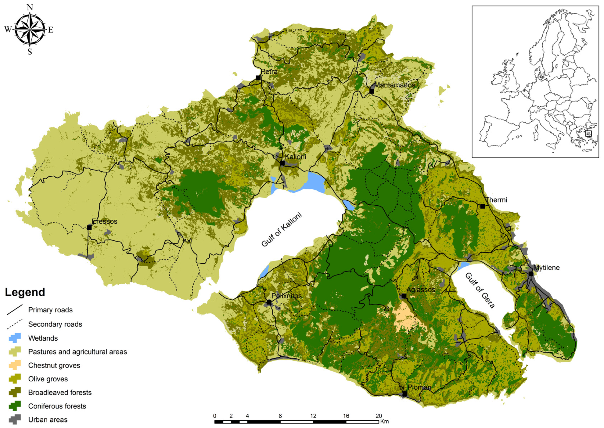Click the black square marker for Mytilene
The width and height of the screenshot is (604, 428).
coord(531,274)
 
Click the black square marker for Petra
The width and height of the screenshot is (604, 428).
coord(258,78)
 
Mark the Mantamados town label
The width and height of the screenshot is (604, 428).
coord(394,85)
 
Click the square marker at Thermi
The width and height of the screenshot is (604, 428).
coord(483,206)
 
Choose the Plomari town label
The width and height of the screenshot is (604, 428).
coord(419,387)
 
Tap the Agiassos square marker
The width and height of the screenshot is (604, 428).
coord(404,296)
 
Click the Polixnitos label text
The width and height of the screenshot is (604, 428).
coord(286,296)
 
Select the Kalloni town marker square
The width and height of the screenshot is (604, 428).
coord(282,163)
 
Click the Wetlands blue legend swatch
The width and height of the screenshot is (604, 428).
coord(15,338)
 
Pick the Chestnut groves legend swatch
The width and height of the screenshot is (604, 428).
coord(15,365)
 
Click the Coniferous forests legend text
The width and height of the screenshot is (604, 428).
coord(57,406)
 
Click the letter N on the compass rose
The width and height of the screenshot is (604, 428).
coord(30,7)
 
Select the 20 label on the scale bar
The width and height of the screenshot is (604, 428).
coord(379,416)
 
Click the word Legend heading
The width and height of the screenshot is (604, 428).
coord(25,292)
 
